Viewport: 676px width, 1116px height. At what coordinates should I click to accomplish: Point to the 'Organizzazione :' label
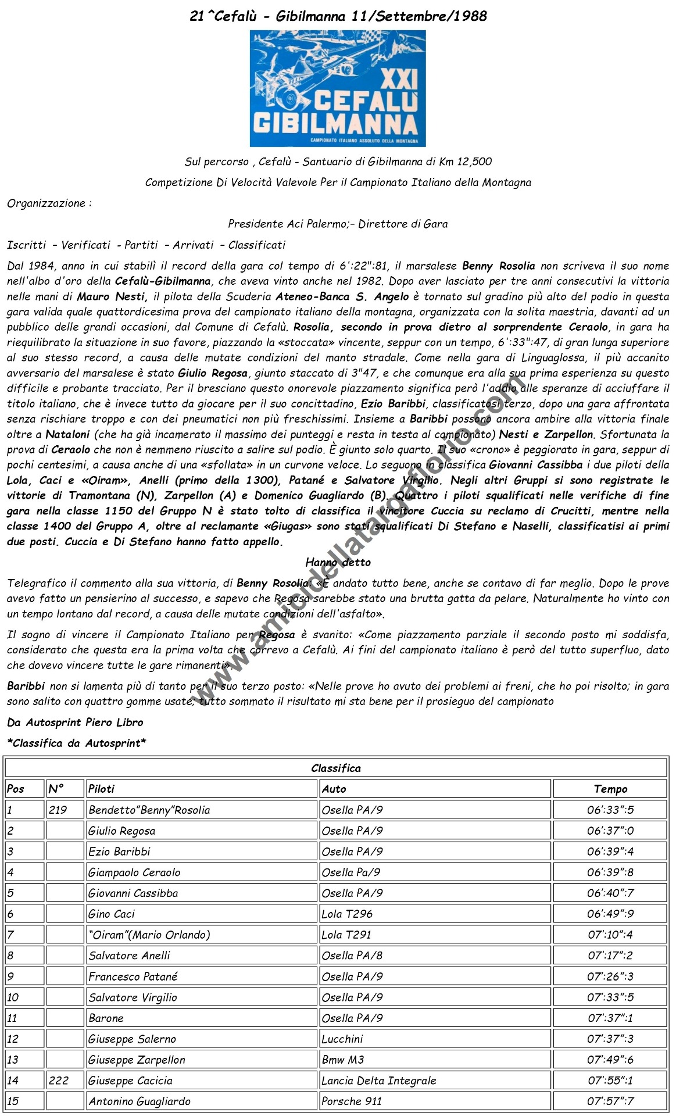(49, 203)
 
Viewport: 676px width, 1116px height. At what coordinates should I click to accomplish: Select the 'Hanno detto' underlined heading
(338, 562)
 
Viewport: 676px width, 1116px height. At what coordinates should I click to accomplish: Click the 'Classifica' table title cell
(336, 768)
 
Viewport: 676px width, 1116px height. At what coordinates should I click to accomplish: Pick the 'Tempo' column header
(610, 789)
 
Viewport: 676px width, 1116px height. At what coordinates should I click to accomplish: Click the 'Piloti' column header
(101, 789)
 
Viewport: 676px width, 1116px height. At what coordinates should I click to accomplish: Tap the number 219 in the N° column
(58, 810)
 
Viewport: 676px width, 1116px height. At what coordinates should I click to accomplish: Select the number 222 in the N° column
(58, 1081)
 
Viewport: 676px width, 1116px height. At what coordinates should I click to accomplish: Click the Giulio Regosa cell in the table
(121, 831)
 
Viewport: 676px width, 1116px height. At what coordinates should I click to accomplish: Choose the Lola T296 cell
(347, 914)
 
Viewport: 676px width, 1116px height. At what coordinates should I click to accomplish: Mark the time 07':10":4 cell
(610, 935)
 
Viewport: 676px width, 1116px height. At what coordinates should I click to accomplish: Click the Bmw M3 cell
(343, 1060)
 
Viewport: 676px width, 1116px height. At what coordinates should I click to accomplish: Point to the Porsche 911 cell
(351, 1101)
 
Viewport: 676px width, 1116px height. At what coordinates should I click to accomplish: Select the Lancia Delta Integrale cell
(378, 1081)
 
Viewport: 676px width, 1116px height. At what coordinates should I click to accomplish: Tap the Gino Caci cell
(111, 914)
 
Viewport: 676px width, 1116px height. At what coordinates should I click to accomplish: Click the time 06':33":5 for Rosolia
(610, 810)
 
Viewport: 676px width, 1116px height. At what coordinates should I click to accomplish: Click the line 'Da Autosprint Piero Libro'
(75, 722)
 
